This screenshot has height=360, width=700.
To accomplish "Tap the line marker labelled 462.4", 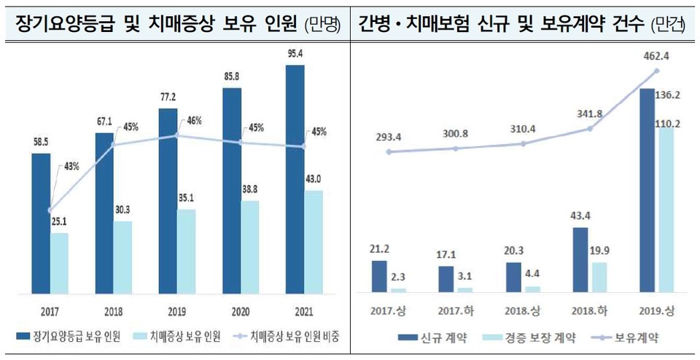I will (x=657, y=71).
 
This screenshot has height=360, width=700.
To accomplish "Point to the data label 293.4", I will (x=389, y=136).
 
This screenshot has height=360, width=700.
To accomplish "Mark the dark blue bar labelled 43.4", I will (x=580, y=260).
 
